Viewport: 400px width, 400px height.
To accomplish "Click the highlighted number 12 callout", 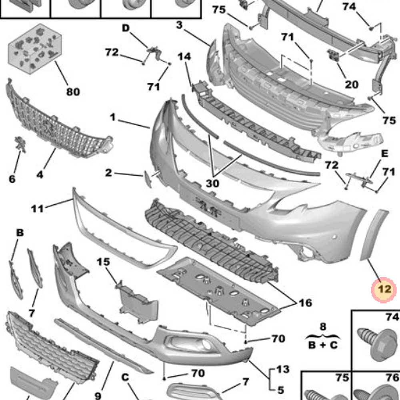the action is click(384, 290).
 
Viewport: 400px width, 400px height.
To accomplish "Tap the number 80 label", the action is click(73, 92).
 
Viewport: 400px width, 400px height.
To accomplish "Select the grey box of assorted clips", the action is click(35, 49).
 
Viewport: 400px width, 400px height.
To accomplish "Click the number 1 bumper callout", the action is click(113, 117).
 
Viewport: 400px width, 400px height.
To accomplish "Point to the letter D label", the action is click(126, 28).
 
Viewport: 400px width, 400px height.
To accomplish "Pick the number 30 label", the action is click(212, 183).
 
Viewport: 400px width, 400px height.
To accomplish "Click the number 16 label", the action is click(305, 303).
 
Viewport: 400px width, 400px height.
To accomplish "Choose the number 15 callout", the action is click(103, 262).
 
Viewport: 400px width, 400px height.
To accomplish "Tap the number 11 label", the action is click(37, 209).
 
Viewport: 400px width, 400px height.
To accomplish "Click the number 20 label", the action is click(352, 84).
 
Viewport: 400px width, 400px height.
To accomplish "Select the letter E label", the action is click(384, 154).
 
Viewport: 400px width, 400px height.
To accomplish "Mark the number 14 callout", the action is click(184, 56).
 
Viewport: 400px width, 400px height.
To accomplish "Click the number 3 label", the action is click(179, 25).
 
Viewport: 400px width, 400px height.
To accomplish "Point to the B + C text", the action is click(323, 345).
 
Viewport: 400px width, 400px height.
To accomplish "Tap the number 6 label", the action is click(12, 179).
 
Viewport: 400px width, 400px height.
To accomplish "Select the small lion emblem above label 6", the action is click(20, 144).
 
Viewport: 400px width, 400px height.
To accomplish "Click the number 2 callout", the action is click(108, 173).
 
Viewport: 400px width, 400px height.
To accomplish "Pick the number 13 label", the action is click(283, 369).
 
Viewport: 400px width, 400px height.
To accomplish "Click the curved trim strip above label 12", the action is click(374, 235).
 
